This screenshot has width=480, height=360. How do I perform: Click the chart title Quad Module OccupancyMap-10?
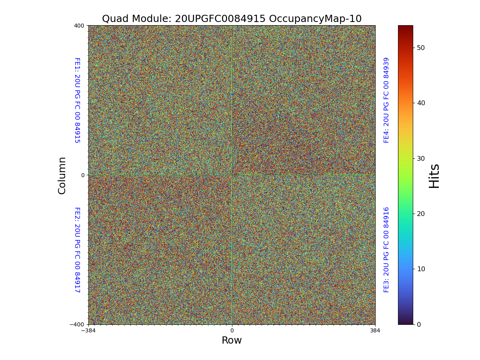[x=232, y=19]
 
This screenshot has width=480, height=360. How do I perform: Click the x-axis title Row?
[x=232, y=340]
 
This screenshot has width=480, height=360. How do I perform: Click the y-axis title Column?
[x=62, y=175]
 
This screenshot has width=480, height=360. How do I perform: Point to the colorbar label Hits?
[x=434, y=176]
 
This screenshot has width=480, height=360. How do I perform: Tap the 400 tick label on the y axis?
[x=79, y=26]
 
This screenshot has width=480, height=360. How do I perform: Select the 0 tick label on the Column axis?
[x=83, y=175]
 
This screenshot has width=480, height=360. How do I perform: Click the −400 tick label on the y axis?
[x=77, y=324]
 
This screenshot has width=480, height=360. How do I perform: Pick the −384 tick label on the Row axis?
[x=88, y=330]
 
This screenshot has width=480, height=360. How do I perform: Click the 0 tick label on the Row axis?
[x=232, y=330]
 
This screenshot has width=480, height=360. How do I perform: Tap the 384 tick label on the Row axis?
[x=375, y=330]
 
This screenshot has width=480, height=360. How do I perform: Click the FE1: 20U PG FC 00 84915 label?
[x=77, y=100]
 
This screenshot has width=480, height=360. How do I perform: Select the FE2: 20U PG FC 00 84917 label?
[x=77, y=250]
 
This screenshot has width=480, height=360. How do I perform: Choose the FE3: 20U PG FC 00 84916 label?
[x=386, y=250]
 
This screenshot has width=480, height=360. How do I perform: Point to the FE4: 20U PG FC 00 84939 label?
[x=386, y=100]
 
